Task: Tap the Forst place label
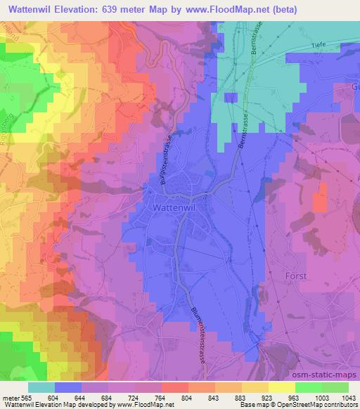pyautogui.click(x=296, y=276)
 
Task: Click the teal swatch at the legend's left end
pyautogui.click(x=41, y=387)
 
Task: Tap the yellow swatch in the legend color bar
pyautogui.click(x=282, y=387)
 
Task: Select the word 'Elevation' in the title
pyautogui.click(x=86, y=9)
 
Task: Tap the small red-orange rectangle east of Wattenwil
pyautogui.click(x=320, y=197)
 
